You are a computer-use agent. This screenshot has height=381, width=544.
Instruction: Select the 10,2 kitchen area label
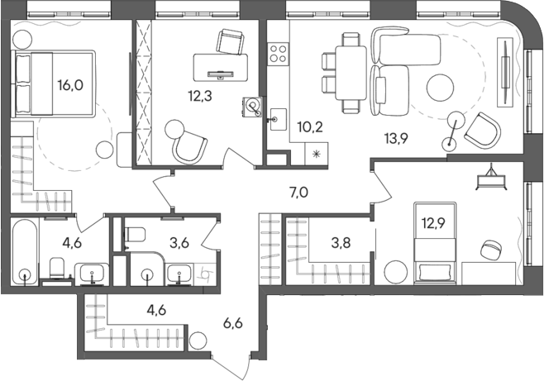coord(310,126)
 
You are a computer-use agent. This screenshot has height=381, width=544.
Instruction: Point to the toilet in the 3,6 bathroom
coord(132,236)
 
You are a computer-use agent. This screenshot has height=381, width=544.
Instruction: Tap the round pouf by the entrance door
coord(197,340)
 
